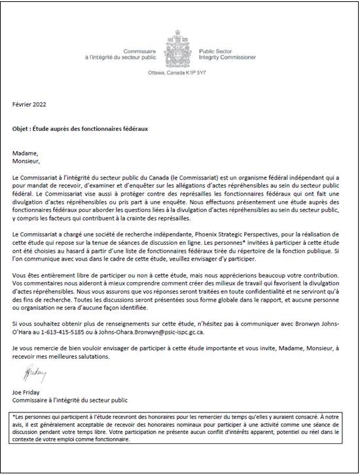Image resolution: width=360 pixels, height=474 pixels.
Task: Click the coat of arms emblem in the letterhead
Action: coord(179,42)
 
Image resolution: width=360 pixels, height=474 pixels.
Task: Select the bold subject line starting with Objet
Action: coord(81,128)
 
